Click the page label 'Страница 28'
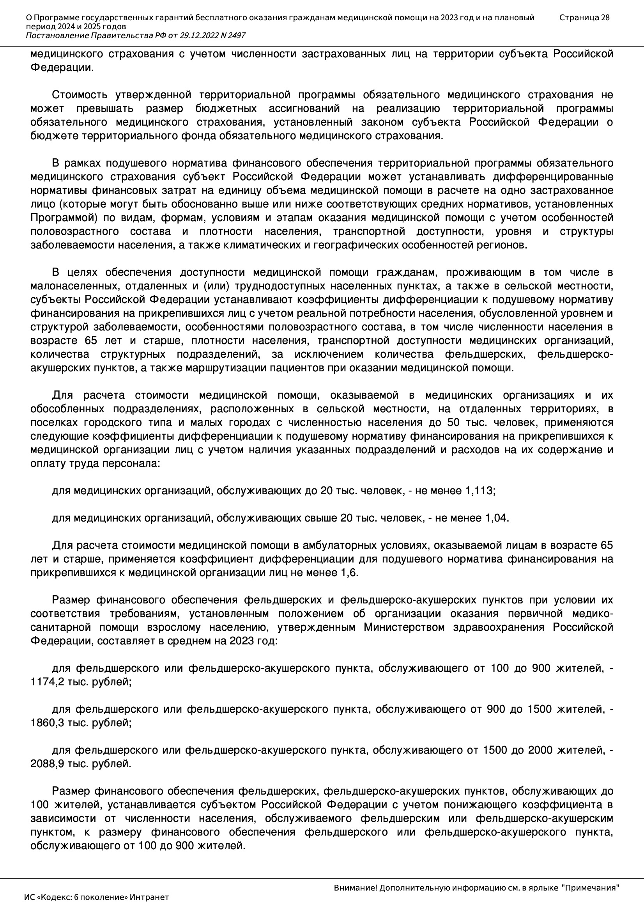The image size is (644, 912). click(x=584, y=18)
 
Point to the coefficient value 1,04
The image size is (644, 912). click(x=496, y=518)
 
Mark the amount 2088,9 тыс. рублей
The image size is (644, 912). click(x=81, y=764)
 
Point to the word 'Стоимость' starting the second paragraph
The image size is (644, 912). click(x=80, y=95)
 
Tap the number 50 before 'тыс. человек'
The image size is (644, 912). click(x=454, y=422)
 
